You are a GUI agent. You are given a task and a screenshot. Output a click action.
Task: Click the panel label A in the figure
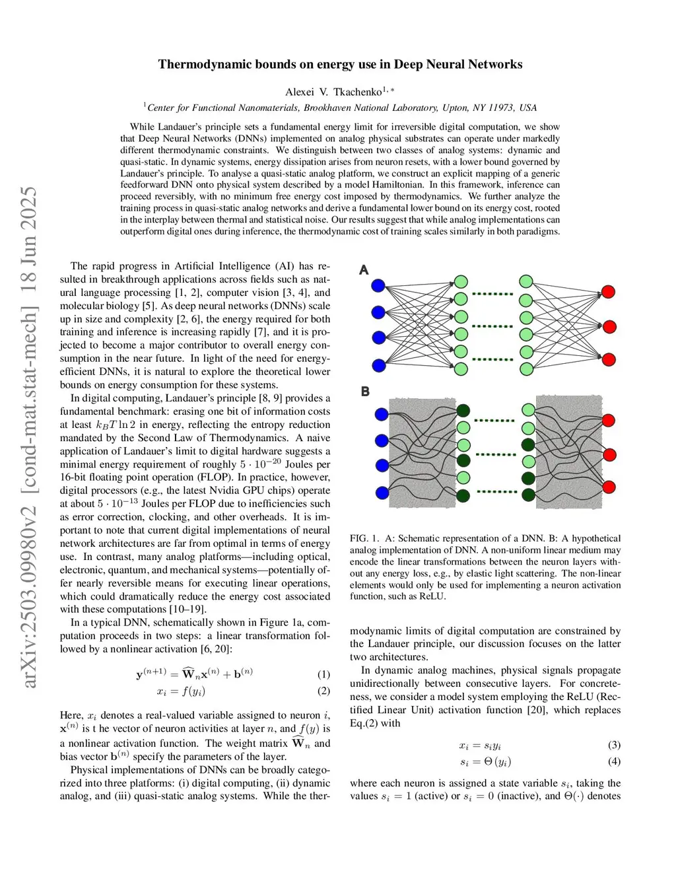[x=364, y=269]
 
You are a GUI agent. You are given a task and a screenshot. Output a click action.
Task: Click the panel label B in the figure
[x=364, y=392]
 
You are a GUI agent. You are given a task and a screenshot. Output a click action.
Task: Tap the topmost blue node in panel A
[x=378, y=285]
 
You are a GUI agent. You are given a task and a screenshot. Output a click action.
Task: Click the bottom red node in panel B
[x=609, y=487]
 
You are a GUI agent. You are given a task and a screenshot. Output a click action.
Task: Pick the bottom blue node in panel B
[x=382, y=492]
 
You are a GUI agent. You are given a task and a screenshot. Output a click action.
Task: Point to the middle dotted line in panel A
[x=492, y=326]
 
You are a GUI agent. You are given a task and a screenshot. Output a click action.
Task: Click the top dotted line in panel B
[x=494, y=420]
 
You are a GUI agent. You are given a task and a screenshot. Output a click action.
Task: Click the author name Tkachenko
[x=357, y=92]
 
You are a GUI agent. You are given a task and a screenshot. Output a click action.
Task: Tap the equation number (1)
[x=323, y=674]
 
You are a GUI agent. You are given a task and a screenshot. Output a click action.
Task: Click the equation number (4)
[x=614, y=761]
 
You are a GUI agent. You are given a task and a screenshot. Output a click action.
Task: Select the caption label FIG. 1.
[x=365, y=538]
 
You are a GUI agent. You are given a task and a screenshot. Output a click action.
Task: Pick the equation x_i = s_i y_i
[x=480, y=745]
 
